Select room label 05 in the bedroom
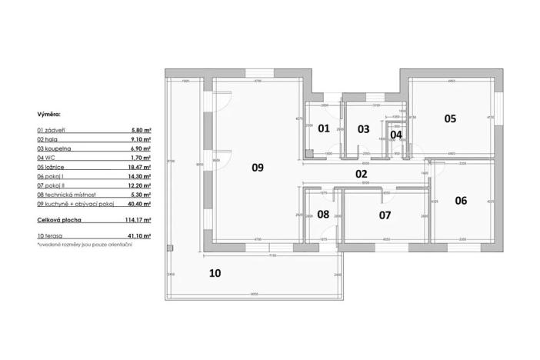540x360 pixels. (450, 118)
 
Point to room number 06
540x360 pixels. (461, 201)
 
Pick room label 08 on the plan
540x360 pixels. (323, 214)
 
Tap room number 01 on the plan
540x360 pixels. (324, 128)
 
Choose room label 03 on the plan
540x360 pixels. (364, 128)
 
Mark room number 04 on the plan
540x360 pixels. (395, 135)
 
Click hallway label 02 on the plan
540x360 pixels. (361, 174)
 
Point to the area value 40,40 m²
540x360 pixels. (138, 205)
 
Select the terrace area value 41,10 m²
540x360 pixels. (138, 235)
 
